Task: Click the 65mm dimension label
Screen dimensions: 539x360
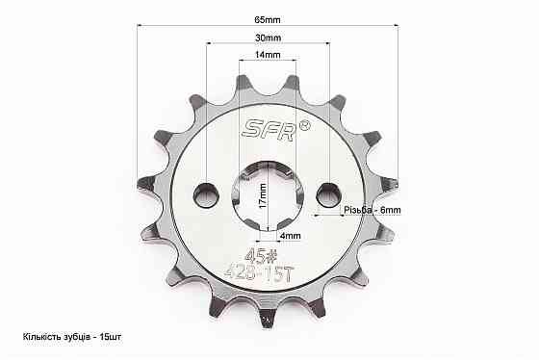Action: tap(268, 20)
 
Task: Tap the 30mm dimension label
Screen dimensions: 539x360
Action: tap(268, 38)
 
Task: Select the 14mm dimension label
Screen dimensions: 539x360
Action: tap(268, 55)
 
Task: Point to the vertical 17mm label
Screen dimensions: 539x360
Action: tap(263, 196)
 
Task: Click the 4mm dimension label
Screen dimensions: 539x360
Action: tap(291, 236)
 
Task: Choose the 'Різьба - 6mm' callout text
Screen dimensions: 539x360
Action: tap(372, 210)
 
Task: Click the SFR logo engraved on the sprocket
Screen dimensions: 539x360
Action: tap(269, 130)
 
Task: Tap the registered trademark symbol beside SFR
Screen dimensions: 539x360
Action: tap(305, 125)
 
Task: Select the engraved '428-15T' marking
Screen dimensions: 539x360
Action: tap(259, 273)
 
